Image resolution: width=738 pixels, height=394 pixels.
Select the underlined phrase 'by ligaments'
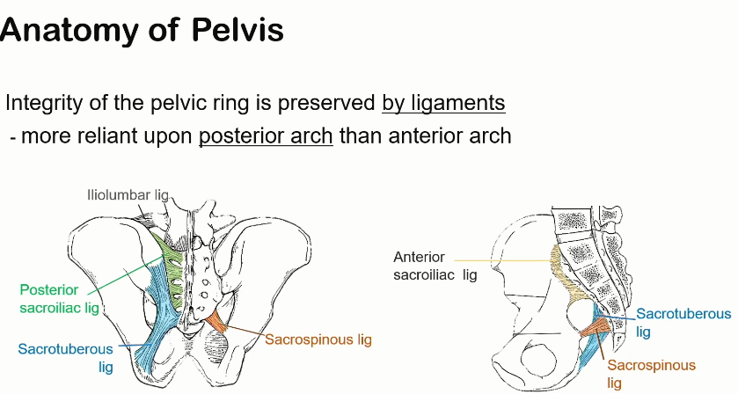coord(443,102)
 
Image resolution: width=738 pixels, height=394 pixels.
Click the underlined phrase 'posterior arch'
coord(266,136)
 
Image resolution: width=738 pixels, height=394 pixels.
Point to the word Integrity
coord(42,102)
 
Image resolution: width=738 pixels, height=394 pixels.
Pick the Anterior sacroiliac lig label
coord(435,266)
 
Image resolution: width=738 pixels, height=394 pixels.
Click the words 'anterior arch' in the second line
coord(462,136)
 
